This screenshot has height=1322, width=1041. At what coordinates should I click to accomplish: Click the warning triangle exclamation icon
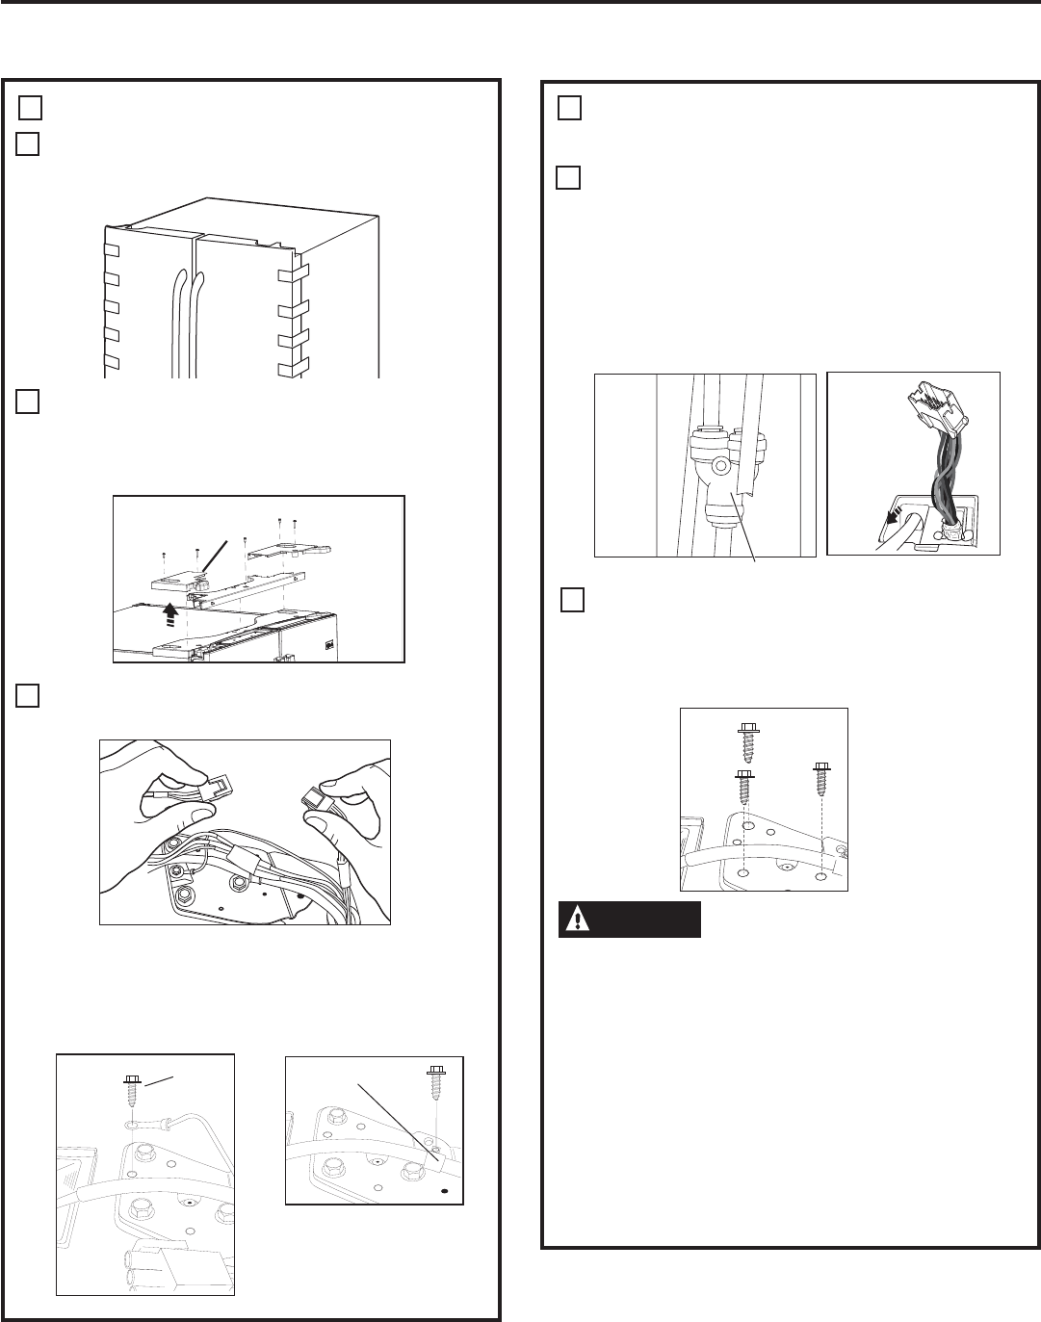pyautogui.click(x=577, y=920)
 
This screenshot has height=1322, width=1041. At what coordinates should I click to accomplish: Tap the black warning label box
pyautogui.click(x=630, y=920)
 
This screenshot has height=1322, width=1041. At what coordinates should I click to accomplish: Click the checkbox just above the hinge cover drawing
pyautogui.click(x=28, y=401)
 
